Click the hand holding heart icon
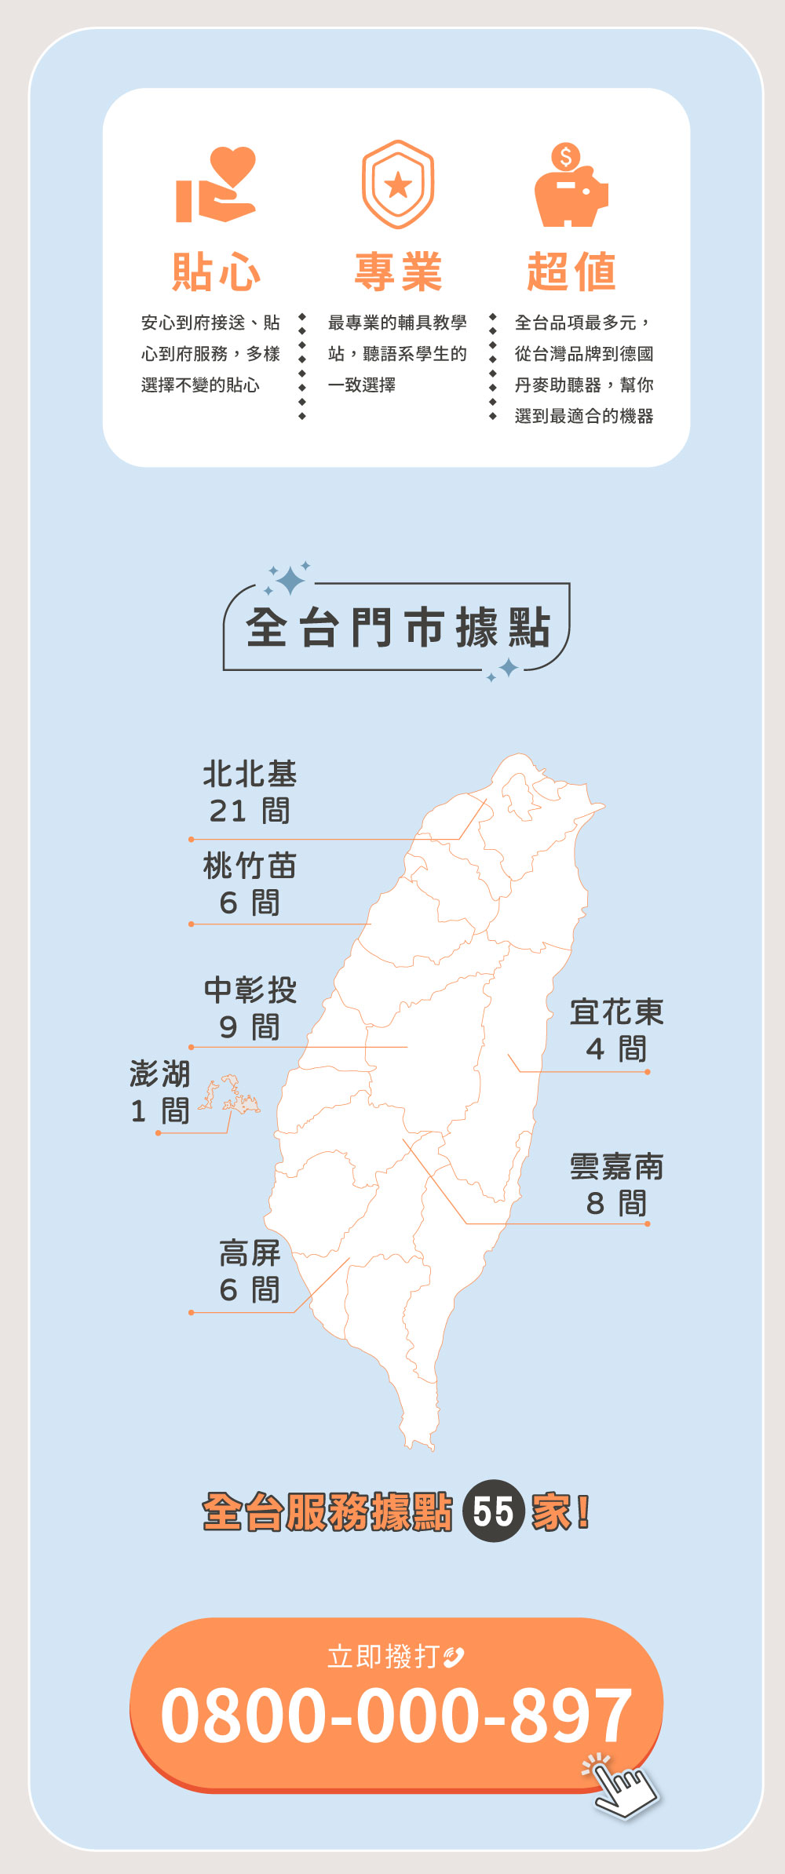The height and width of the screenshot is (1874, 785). [216, 185]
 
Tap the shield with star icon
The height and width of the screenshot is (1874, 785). [398, 184]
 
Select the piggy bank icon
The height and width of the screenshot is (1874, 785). [571, 186]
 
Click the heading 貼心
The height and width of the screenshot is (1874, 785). [216, 272]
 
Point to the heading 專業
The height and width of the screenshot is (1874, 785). [398, 272]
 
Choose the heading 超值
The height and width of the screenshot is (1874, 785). [571, 272]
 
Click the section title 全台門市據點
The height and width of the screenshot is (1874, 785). [397, 628]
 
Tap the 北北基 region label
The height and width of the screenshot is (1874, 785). [250, 774]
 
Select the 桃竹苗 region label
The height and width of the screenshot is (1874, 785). [250, 866]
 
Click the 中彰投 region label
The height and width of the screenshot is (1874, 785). [250, 990]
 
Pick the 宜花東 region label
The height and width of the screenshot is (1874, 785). [616, 1012]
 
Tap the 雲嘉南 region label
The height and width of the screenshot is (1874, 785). [616, 1167]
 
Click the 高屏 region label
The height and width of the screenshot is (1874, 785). [250, 1253]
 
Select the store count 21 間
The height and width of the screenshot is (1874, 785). [250, 811]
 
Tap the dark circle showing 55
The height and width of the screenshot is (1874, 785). [493, 1511]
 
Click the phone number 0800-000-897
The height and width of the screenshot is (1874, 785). [396, 1715]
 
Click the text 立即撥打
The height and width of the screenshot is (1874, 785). [383, 1657]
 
